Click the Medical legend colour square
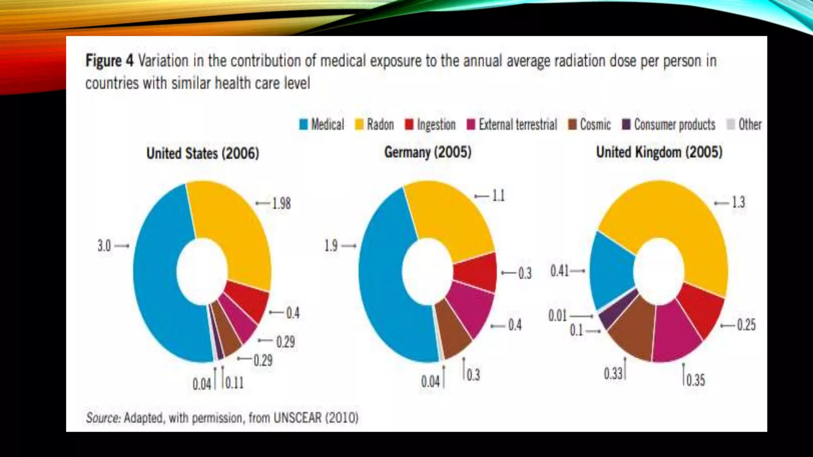pyautogui.click(x=303, y=125)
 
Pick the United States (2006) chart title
pyautogui.click(x=202, y=153)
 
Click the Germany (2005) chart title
pyautogui.click(x=428, y=152)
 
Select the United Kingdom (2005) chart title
pyautogui.click(x=659, y=152)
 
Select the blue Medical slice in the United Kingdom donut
pyautogui.click(x=611, y=270)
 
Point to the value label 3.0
pyautogui.click(x=104, y=246)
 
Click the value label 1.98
pyautogui.click(x=281, y=204)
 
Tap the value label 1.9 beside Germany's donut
pyautogui.click(x=331, y=246)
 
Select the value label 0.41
pyautogui.click(x=560, y=271)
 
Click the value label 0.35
pyautogui.click(x=695, y=380)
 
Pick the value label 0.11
pyautogui.click(x=235, y=383)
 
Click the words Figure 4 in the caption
pyautogui.click(x=110, y=61)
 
